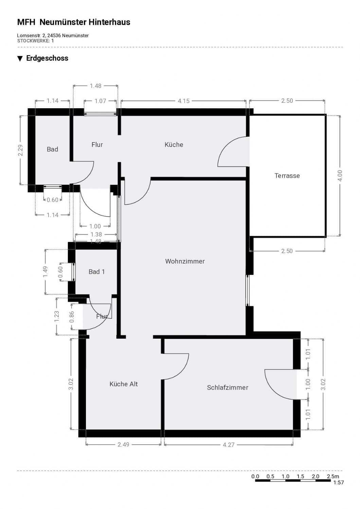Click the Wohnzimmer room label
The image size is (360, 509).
coord(185,261)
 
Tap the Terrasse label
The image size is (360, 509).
coord(287,176)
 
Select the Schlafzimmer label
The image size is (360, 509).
coord(228,388)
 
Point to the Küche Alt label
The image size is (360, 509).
coord(124,384)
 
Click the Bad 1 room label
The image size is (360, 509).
coord(97,272)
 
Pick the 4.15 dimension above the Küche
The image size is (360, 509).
coord(183,101)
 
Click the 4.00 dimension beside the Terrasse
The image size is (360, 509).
coord(340,176)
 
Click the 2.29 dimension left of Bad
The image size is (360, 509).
coord(20,150)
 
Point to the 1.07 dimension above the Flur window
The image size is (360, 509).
coord(100,101)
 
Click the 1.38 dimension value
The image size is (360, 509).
coord(96,234)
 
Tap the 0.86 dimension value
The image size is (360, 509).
coord(72,317)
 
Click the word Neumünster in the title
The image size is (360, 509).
coord(63,22)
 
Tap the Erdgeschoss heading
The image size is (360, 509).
coord(47,58)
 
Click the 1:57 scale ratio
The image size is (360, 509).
coord(339,483)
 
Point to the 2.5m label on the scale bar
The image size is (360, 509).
coord(333,476)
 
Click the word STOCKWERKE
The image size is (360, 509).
coord(33,41)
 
